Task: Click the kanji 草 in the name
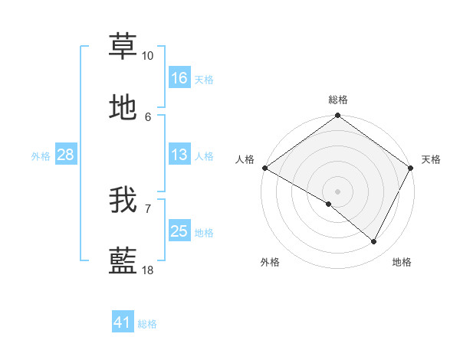(123, 45)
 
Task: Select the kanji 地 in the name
(123, 109)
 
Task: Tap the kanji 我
(123, 199)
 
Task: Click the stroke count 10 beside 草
(148, 56)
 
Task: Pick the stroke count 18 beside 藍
(148, 271)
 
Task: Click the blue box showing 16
(179, 78)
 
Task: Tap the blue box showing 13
(179, 155)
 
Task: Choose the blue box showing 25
(179, 231)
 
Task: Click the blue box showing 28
(65, 155)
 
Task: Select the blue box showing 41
(123, 322)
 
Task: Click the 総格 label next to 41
(147, 324)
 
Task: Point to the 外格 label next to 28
(41, 156)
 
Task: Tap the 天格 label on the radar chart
(431, 159)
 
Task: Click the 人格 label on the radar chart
(245, 159)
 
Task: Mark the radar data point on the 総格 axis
(337, 116)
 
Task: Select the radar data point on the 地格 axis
(374, 242)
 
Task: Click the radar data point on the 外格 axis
(329, 204)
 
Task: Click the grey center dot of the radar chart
(337, 191)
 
